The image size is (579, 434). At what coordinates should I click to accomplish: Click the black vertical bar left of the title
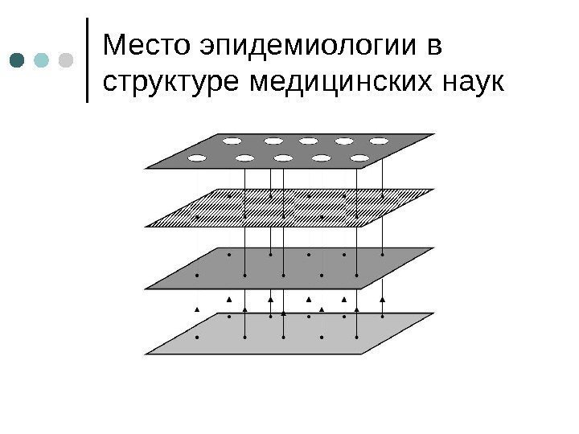[88, 61]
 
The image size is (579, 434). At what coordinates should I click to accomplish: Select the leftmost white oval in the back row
[232, 141]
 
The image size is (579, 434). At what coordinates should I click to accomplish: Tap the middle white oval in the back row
[308, 141]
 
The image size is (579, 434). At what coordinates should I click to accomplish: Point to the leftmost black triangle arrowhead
[197, 309]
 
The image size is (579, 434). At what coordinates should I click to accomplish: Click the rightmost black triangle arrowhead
[382, 300]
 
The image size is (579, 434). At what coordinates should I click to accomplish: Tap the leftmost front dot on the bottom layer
[197, 338]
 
